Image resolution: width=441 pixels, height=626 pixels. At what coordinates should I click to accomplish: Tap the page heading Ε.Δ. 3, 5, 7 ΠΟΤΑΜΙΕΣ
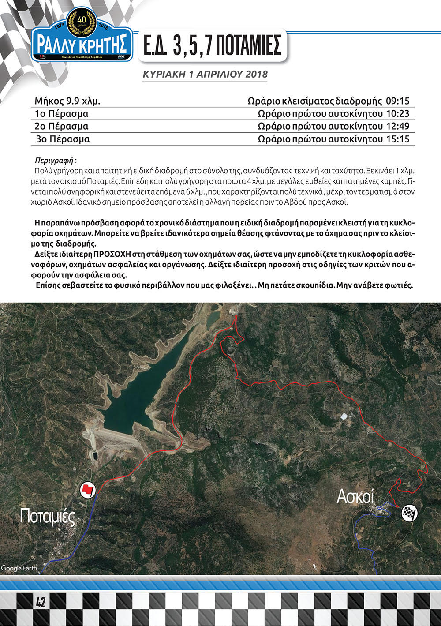pos(212,45)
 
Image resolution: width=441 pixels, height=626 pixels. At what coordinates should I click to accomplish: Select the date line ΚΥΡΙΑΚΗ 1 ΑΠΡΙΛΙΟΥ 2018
pos(205,74)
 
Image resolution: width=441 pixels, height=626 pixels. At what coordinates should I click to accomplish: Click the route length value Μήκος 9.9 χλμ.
pos(67,101)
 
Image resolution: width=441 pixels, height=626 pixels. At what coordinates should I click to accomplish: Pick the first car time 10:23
pos(397,114)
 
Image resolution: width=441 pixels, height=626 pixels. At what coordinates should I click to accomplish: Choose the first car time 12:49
pos(397,127)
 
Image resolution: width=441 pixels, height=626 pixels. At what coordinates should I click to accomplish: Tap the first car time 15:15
pos(397,139)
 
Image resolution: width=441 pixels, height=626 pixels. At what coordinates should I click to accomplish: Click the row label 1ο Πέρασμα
pos(62,114)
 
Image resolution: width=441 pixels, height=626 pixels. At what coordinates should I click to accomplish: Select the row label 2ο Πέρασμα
pos(62,127)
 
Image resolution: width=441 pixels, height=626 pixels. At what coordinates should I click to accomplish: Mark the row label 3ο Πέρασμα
pos(63,139)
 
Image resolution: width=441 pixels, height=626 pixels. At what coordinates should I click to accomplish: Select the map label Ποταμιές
pos(48,517)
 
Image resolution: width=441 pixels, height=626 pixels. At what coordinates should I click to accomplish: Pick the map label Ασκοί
pos(355,497)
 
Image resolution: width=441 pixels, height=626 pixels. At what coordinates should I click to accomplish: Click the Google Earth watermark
pos(19,568)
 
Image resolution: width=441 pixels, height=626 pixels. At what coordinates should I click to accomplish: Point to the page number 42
pos(41,602)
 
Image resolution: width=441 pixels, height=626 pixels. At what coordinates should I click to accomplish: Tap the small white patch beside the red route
pos(344,416)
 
